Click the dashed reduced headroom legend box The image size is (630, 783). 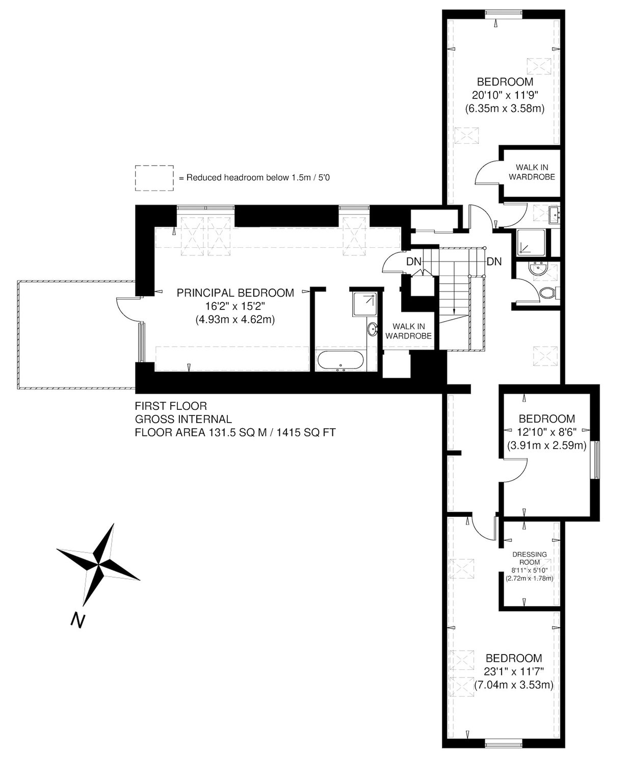pyautogui.click(x=154, y=178)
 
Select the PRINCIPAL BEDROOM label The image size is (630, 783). pyautogui.click(x=235, y=293)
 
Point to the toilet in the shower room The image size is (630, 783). pyautogui.click(x=548, y=292)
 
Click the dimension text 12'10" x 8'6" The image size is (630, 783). pyautogui.click(x=546, y=432)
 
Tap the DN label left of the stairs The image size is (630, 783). pyautogui.click(x=414, y=262)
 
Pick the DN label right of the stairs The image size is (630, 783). pyautogui.click(x=494, y=262)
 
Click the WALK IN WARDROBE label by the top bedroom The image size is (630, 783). pyautogui.click(x=532, y=172)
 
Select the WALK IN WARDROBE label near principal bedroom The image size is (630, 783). pyautogui.click(x=408, y=331)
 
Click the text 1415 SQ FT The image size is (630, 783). pyautogui.click(x=306, y=433)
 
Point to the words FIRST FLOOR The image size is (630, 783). pyautogui.click(x=171, y=406)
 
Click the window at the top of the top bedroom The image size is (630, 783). pyautogui.click(x=504, y=13)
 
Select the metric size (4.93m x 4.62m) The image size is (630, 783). pyautogui.click(x=235, y=320)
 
